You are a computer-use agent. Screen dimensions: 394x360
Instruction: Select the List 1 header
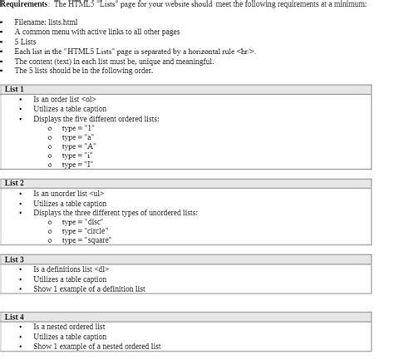point(15,88)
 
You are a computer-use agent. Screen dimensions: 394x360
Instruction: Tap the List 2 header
point(15,182)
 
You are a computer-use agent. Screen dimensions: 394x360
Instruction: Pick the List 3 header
point(15,259)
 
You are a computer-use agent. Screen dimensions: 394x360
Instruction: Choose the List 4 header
point(15,317)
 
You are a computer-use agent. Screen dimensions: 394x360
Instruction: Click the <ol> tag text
point(96,99)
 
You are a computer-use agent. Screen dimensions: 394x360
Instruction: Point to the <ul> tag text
point(99,193)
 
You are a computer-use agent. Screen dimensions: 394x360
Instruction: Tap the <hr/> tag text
point(246,52)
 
